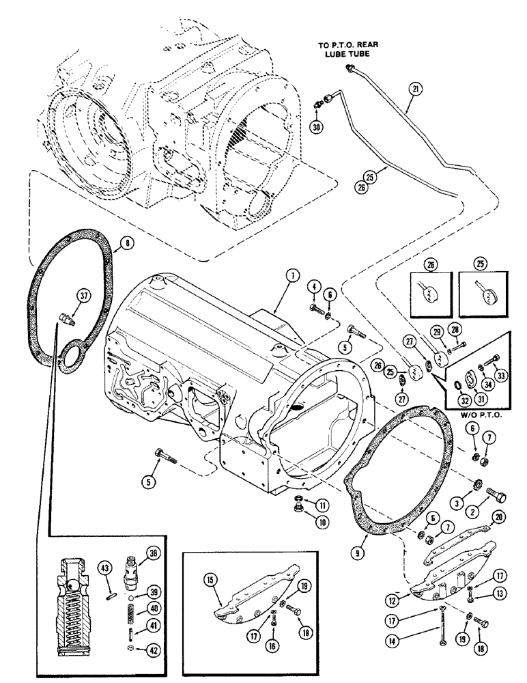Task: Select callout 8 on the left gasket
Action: pos(123,242)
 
